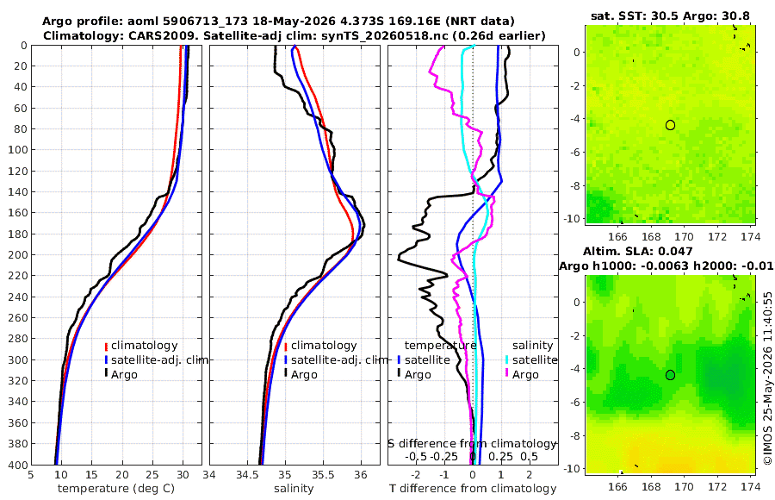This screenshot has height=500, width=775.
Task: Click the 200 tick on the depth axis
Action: (x=18, y=254)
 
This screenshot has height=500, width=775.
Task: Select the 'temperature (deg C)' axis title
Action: (x=116, y=489)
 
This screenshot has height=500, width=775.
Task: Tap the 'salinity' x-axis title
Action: (x=294, y=489)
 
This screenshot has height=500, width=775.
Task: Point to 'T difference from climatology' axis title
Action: (x=473, y=489)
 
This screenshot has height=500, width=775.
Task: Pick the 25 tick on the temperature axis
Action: (x=152, y=475)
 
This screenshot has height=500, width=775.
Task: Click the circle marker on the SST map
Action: (x=670, y=125)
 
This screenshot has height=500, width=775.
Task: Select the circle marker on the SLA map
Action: (x=670, y=375)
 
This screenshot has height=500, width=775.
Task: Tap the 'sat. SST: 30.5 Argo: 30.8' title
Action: (x=670, y=16)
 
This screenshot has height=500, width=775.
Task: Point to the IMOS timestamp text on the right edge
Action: (x=768, y=378)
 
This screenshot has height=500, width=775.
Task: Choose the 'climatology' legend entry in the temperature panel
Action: (x=141, y=346)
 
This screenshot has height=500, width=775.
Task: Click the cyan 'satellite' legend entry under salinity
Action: (x=531, y=359)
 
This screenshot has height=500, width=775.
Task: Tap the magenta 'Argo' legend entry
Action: (x=522, y=374)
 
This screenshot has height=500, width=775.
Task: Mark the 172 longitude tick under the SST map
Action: (x=718, y=236)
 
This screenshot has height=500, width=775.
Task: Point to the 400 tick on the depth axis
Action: (x=18, y=465)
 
